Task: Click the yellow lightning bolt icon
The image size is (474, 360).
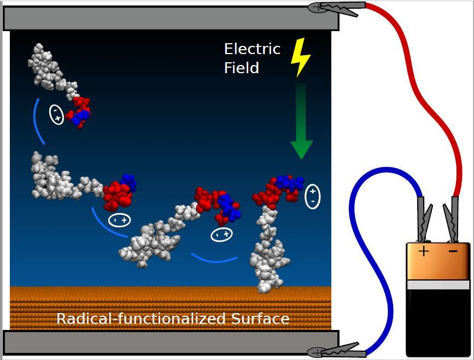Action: (300, 57)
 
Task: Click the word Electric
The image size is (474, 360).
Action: (252, 49)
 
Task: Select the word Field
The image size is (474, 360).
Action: (241, 68)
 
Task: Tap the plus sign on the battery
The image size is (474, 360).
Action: (424, 251)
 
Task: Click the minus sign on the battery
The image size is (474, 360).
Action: (453, 251)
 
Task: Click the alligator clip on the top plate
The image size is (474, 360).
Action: (336, 7)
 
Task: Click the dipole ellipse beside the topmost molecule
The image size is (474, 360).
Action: (56, 114)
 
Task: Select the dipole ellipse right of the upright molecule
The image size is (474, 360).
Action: (312, 197)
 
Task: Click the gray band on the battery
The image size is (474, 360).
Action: (437, 285)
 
